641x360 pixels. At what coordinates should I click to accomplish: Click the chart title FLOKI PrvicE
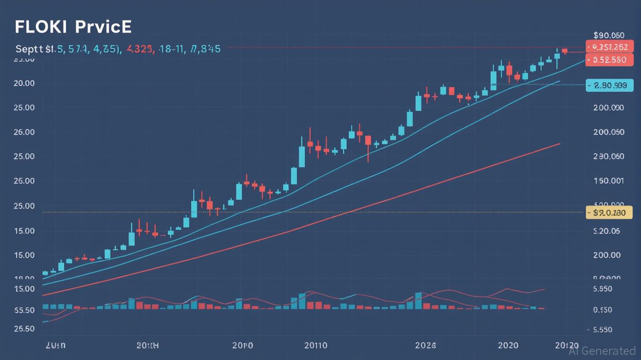click(73, 27)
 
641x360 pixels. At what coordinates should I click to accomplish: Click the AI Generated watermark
click(603, 350)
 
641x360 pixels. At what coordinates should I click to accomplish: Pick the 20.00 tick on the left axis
click(24, 83)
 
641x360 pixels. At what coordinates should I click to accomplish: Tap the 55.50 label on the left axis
click(24, 310)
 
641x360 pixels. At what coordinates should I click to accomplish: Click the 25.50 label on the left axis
click(24, 329)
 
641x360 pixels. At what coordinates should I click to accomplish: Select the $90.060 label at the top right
click(609, 35)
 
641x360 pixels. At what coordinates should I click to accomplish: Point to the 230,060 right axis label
click(608, 157)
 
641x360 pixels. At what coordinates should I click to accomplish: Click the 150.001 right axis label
click(608, 181)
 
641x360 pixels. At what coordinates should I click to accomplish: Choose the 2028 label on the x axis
click(425, 345)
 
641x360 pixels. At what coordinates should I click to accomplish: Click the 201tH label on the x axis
click(148, 345)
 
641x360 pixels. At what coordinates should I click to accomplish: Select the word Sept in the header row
click(29, 49)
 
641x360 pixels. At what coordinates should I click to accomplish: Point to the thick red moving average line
click(422, 187)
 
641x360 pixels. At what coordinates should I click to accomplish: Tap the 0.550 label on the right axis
click(603, 310)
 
